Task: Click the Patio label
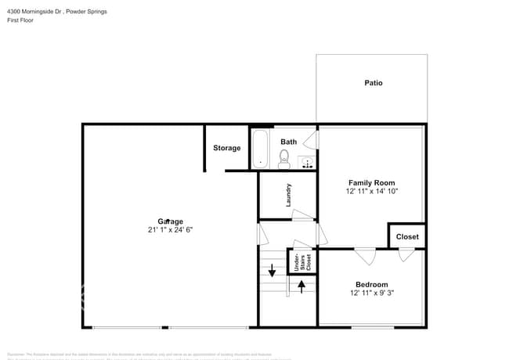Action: point(373,82)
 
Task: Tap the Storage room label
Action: point(227,148)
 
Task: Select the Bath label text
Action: point(289,142)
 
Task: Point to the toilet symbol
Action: point(284,160)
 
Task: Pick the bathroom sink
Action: point(307,163)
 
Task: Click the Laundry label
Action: point(288,195)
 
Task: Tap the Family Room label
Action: point(372,182)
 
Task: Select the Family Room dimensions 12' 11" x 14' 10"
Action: point(372,191)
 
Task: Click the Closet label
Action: point(407,236)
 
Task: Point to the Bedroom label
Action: point(371,284)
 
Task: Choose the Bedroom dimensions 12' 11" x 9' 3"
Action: point(371,293)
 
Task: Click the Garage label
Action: point(170,221)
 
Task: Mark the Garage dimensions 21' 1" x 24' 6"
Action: point(170,230)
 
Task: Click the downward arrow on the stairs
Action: point(273,272)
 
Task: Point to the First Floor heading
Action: point(21,22)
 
